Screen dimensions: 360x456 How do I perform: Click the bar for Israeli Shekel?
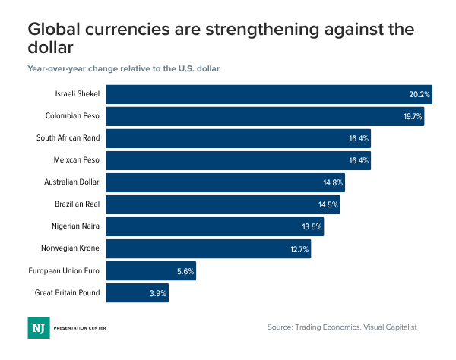click(268, 95)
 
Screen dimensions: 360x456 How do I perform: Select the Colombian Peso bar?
click(264, 117)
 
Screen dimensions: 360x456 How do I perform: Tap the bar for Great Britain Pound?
click(137, 293)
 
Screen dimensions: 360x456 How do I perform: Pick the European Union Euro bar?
click(150, 271)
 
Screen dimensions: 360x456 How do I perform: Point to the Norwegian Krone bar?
click(207, 249)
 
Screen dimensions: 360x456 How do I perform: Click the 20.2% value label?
click(420, 95)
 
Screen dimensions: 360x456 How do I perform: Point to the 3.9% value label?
click(156, 293)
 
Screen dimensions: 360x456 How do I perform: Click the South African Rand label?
click(68, 139)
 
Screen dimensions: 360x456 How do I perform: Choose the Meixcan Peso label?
click(79, 161)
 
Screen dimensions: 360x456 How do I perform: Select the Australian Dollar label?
click(73, 183)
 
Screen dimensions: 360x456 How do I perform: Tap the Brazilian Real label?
click(78, 205)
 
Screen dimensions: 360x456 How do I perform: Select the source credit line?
click(342, 327)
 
